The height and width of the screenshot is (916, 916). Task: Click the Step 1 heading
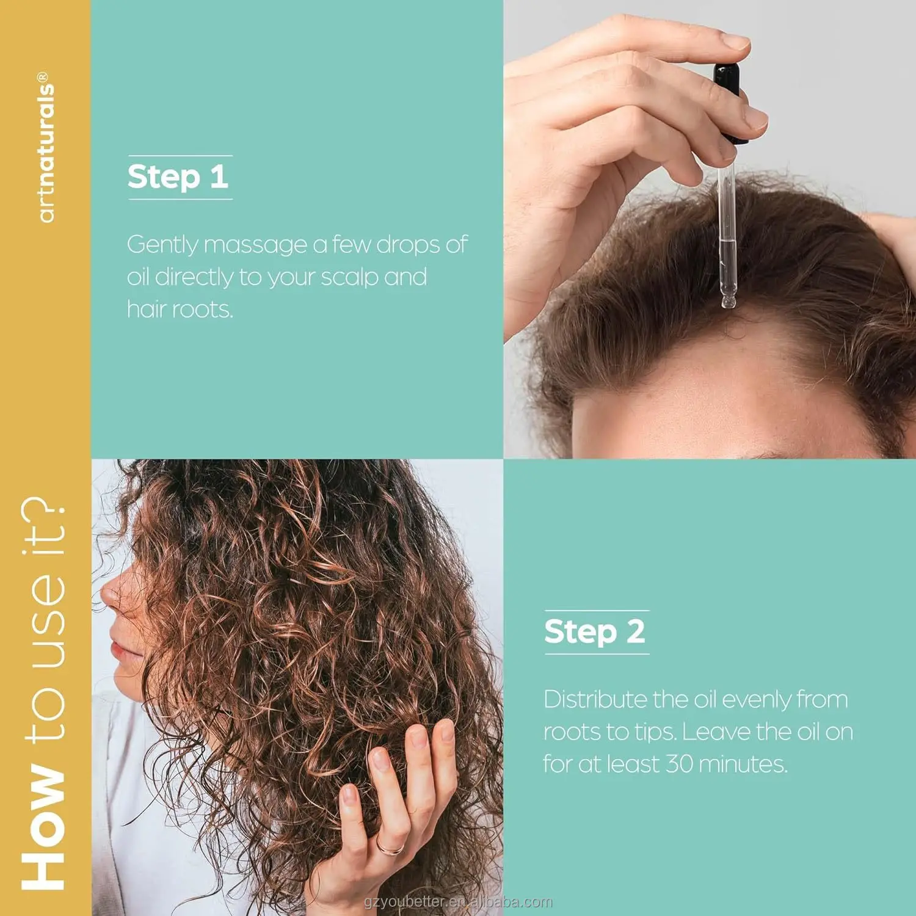(x=178, y=177)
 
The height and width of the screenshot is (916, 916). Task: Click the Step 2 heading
(x=595, y=631)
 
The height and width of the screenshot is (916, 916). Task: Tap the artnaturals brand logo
(x=46, y=147)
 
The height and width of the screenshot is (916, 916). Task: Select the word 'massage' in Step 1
(x=255, y=245)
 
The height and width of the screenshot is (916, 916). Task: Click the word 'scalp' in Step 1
(x=349, y=278)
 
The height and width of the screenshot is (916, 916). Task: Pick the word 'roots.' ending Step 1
(x=202, y=310)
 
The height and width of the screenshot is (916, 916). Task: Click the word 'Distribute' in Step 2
(x=595, y=699)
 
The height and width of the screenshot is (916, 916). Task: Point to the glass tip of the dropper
(x=728, y=300)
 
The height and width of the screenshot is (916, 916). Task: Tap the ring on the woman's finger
(x=390, y=848)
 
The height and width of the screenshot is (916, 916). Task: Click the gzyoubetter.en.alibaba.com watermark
(x=458, y=902)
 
